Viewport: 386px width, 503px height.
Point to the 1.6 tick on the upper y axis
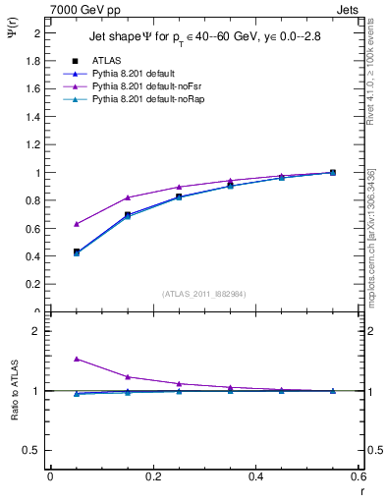click(31, 88)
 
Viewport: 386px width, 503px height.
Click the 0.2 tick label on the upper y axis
click(31, 285)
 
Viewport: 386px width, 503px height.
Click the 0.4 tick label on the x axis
click(255, 476)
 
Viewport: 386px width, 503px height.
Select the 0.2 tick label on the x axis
click(152, 476)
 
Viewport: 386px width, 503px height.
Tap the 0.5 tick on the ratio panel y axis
click(31, 450)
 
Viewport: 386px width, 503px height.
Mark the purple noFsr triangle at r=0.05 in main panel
click(78, 224)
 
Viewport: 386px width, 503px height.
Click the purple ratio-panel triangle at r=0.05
click(78, 360)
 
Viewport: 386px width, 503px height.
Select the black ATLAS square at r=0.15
click(129, 214)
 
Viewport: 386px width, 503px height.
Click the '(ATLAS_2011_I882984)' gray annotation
click(204, 294)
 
